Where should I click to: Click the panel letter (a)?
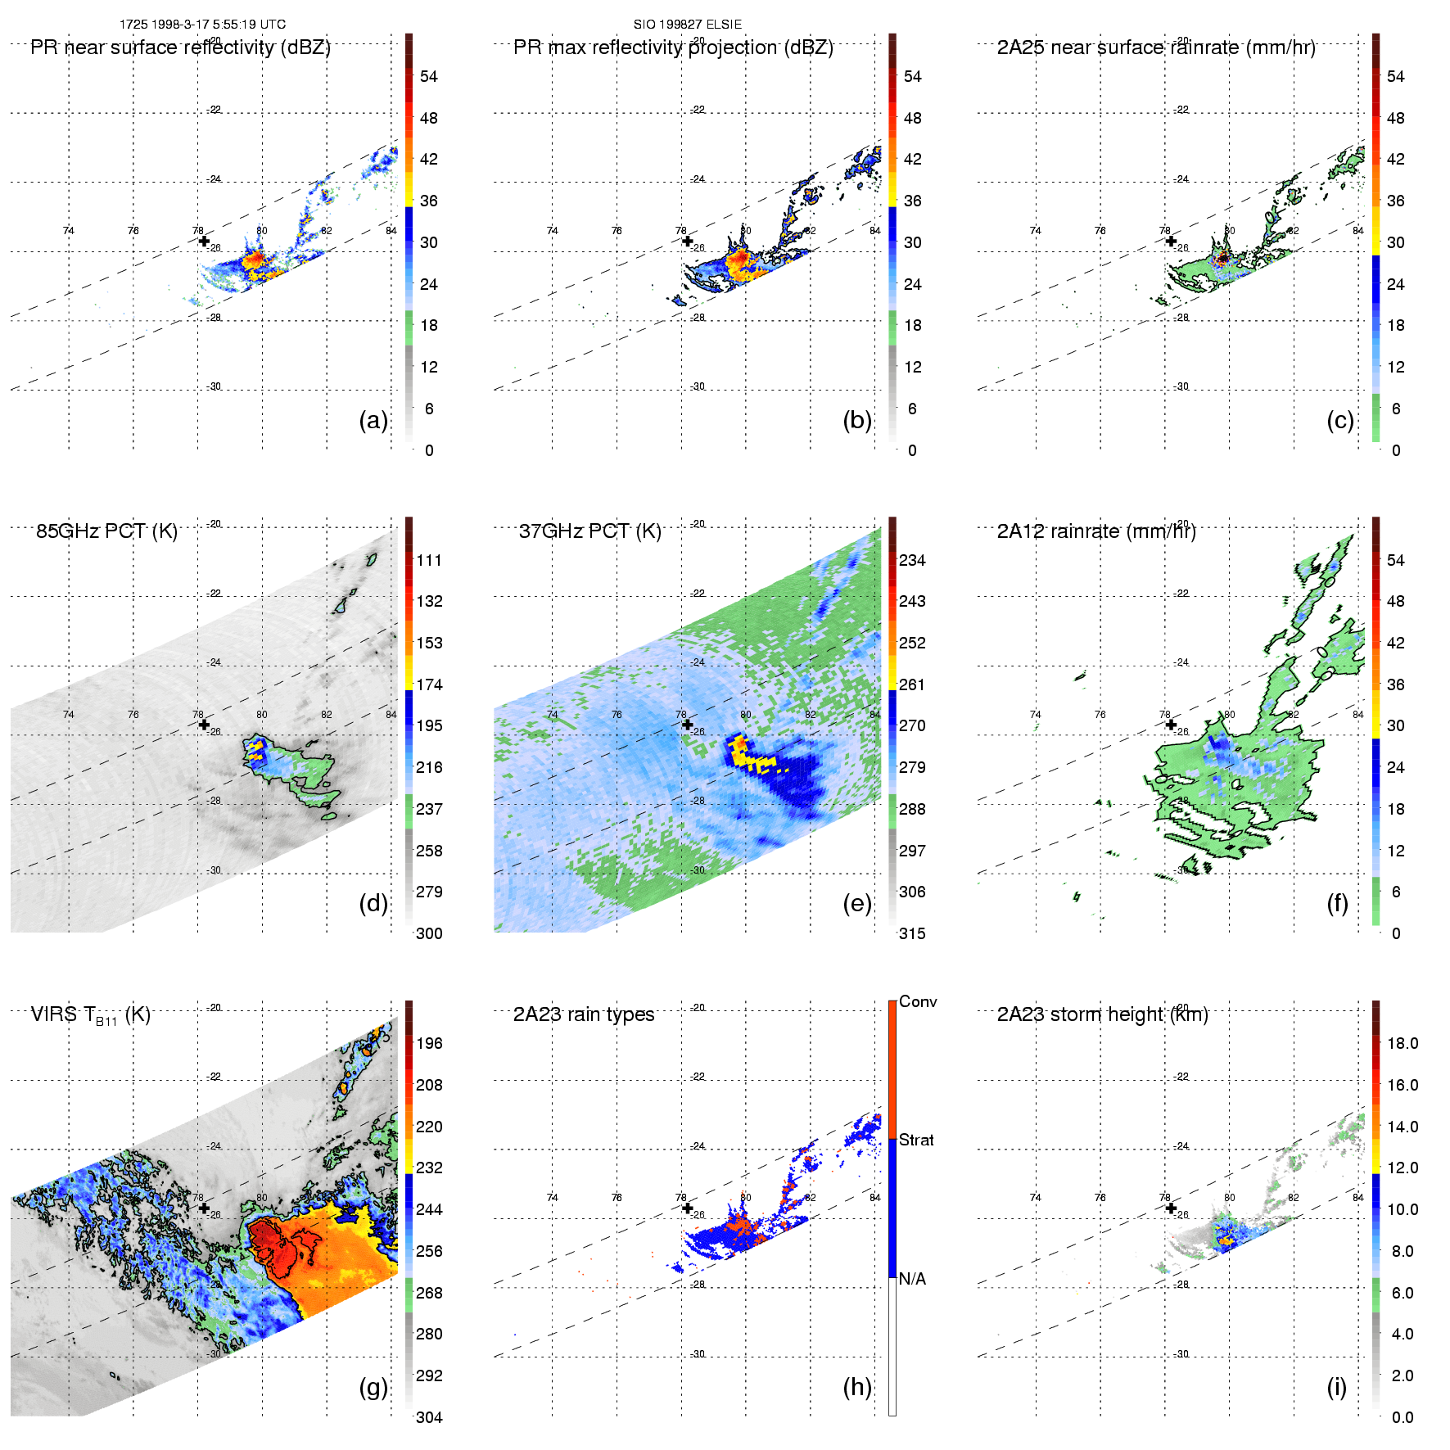(x=373, y=420)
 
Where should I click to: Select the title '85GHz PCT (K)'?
(x=106, y=531)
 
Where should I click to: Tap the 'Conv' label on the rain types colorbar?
(x=918, y=1001)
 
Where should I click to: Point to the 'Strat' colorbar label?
(x=916, y=1140)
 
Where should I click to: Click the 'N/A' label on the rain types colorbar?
(x=912, y=1279)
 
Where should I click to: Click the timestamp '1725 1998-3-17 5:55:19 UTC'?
(x=202, y=25)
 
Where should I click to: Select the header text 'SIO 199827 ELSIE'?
(x=688, y=25)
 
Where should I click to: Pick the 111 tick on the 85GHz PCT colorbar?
(x=429, y=560)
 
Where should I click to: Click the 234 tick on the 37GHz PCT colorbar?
(x=912, y=560)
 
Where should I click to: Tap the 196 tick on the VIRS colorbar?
(x=429, y=1043)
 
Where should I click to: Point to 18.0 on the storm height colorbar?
(x=1403, y=1043)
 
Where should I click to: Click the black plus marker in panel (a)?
(x=204, y=242)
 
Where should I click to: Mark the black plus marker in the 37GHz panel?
(x=688, y=725)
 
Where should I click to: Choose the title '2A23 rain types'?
(x=584, y=1014)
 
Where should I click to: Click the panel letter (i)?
(x=1336, y=1387)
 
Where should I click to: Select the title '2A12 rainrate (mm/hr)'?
(x=1096, y=531)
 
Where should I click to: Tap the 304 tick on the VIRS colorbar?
(x=429, y=1417)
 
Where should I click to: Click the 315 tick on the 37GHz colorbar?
(x=912, y=933)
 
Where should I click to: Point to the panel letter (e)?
(x=857, y=903)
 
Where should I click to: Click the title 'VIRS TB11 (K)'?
(x=90, y=1015)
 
